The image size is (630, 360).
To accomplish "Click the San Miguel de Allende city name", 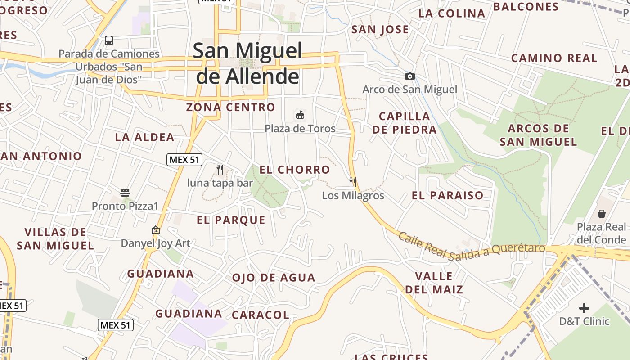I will tap(247, 63).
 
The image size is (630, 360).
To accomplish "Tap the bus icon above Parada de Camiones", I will tap(109, 40).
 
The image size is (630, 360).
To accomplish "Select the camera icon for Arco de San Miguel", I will tap(409, 76).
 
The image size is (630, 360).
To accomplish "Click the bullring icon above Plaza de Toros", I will tap(300, 115).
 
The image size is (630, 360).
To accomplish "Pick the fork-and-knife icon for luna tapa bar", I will tap(220, 170).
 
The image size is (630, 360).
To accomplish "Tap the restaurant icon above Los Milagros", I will tap(353, 182).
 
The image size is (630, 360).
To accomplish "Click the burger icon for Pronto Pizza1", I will tap(125, 193).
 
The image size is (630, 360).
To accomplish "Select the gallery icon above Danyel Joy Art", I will tap(156, 230).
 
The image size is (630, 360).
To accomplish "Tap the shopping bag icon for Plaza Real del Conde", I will tap(601, 214).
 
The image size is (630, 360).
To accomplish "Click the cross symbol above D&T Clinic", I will tap(584, 308).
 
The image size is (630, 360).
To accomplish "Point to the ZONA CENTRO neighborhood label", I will tap(230, 108).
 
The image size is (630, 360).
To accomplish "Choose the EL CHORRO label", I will tap(295, 170).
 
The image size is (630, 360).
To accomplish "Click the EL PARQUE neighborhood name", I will tap(231, 220).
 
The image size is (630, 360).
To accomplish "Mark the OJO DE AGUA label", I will tap(274, 278).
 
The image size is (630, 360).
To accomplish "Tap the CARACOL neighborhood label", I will tap(261, 315).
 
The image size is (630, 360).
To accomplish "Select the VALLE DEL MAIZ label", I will tap(434, 283).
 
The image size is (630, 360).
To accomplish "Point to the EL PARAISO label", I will tap(448, 196).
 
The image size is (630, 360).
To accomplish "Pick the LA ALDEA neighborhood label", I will tap(144, 137).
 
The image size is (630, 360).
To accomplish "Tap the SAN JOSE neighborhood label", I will tap(380, 30).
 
